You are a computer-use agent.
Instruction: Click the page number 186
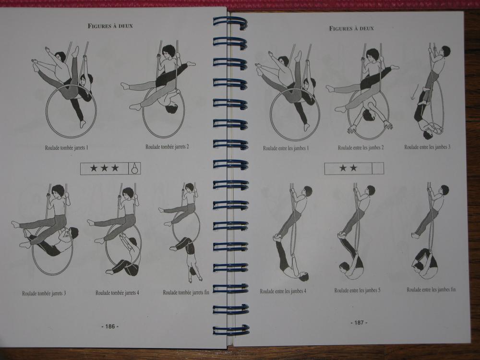pos(110,326)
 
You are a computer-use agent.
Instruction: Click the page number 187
pos(359,323)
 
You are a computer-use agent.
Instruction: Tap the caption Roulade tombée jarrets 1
pos(66,147)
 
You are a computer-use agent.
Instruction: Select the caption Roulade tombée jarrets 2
pos(167,146)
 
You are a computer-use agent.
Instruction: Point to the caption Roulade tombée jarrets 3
pos(44,293)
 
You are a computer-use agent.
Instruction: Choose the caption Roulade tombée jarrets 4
pos(117,293)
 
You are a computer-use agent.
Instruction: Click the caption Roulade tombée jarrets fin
pos(186,292)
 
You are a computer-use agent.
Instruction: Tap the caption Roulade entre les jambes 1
pos(286,148)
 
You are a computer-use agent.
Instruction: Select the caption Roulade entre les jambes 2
pos(360,147)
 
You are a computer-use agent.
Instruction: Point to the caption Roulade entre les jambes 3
pos(427,147)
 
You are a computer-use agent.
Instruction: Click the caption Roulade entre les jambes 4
pos(283,291)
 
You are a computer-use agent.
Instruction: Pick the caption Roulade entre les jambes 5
pos(357,290)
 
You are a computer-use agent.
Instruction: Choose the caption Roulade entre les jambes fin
pos(431,289)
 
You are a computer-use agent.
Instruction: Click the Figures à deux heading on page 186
pos(110,26)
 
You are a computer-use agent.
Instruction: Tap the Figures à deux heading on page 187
pos(351,28)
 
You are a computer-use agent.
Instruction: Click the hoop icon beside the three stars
pos(134,168)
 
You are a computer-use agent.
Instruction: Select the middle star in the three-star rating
pos(104,168)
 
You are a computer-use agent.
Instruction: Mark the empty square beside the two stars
pos(378,168)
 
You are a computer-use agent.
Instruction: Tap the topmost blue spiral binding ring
pos(230,23)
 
